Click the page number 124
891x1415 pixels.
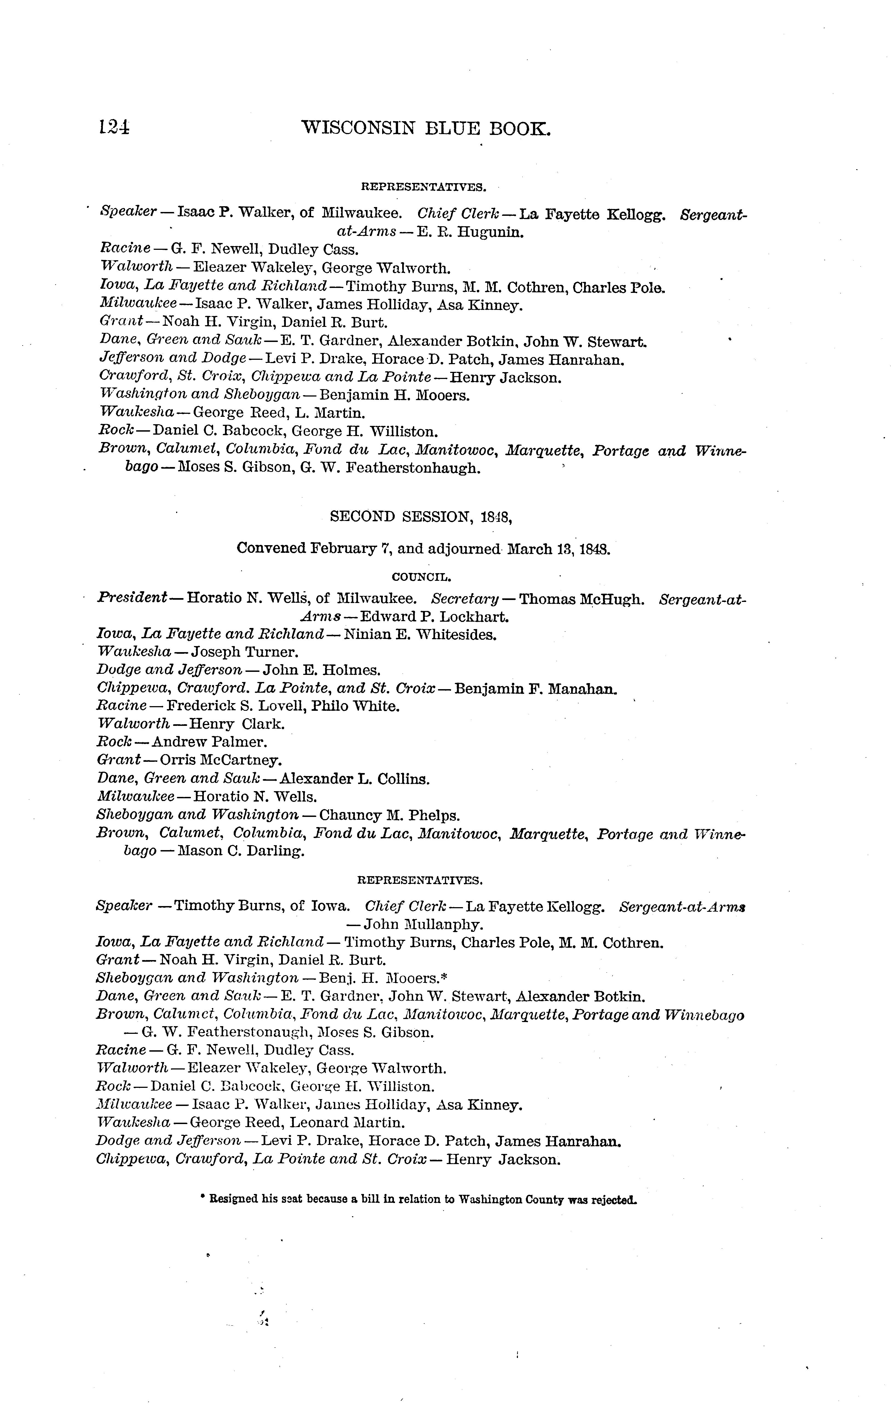(115, 128)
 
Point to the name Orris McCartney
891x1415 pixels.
(220, 760)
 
